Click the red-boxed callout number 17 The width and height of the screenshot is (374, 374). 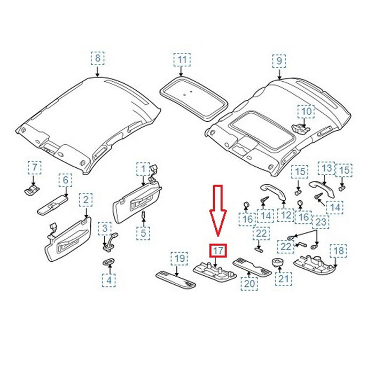218,250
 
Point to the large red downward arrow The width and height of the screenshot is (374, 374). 218,209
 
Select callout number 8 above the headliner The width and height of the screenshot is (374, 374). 97,58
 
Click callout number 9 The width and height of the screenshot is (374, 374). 279,60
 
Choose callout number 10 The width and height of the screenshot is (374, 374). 306,112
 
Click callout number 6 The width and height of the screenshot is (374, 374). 65,180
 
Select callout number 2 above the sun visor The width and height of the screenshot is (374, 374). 84,200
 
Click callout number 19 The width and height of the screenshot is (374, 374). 181,259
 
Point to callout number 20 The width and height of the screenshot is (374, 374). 248,284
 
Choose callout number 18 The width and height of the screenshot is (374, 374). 339,250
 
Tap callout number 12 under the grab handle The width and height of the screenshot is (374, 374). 287,215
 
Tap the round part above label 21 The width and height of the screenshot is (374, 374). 278,261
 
